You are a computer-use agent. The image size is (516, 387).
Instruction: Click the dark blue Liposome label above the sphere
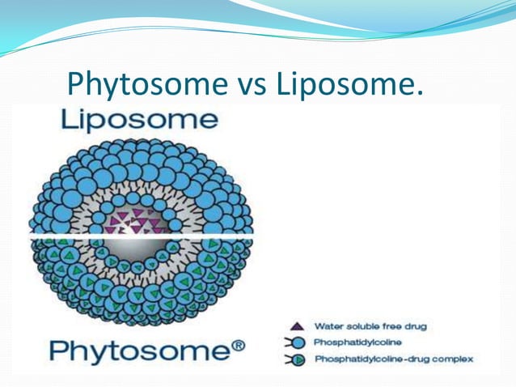[139, 121]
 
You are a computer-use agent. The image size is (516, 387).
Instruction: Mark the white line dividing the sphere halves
[142, 236]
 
